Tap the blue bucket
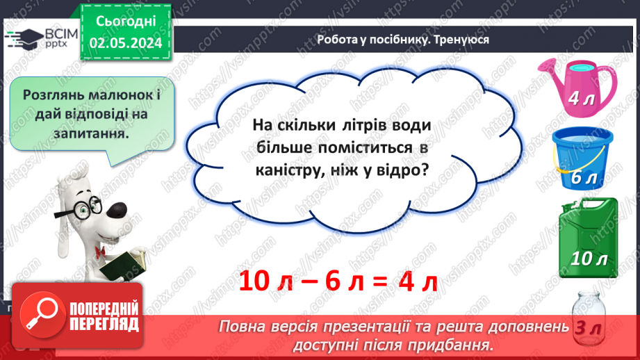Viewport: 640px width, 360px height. [581, 161]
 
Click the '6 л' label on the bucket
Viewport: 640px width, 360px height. [584, 179]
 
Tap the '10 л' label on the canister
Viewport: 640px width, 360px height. [589, 259]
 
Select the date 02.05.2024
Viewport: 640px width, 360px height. [126, 43]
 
